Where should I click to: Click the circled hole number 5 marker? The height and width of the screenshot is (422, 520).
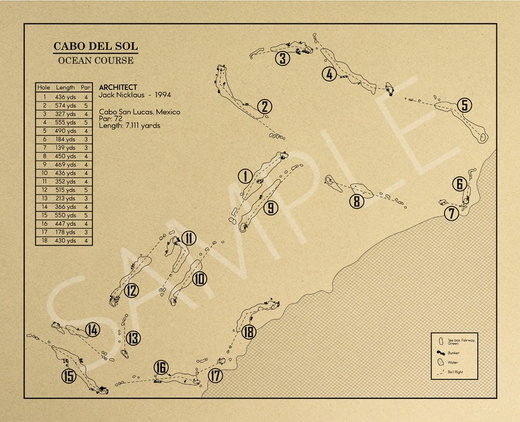(x=464, y=105)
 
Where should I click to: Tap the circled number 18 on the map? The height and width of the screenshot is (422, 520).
(x=248, y=332)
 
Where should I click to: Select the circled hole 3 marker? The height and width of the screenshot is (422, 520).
(x=282, y=59)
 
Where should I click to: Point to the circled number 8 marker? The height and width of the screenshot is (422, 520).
(x=356, y=201)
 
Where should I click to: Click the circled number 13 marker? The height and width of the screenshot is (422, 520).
(x=133, y=338)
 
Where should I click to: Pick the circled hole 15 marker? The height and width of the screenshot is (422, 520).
(x=69, y=376)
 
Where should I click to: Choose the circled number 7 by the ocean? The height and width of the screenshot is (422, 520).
(x=451, y=213)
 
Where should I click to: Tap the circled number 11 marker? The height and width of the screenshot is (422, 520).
(x=189, y=239)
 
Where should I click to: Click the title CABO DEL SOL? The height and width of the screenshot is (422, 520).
(x=96, y=47)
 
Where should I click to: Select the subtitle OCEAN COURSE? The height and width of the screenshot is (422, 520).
(x=96, y=61)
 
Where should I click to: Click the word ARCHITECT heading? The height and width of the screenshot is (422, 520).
(x=118, y=87)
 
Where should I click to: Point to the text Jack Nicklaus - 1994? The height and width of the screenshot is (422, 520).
(x=134, y=95)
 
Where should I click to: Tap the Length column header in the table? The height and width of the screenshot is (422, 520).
(x=65, y=87)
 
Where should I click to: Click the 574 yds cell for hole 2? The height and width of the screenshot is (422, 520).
(x=65, y=105)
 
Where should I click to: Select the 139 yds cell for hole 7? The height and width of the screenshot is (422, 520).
(x=65, y=147)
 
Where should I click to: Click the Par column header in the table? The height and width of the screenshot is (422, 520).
(x=86, y=87)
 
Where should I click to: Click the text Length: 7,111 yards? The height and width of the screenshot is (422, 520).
(x=130, y=125)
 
